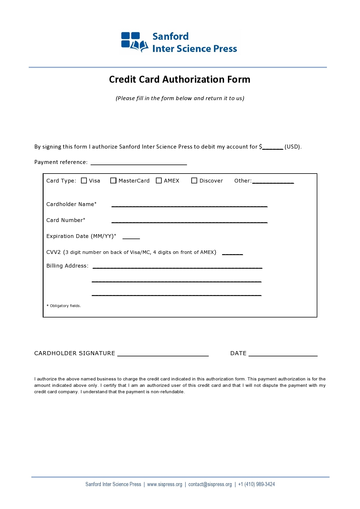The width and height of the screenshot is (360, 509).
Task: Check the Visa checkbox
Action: (x=84, y=181)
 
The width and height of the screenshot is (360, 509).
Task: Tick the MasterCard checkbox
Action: (x=113, y=181)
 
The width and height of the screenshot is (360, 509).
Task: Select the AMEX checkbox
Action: (x=159, y=181)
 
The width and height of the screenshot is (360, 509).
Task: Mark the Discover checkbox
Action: (x=194, y=181)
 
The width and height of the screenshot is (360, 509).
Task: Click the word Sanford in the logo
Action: (x=170, y=37)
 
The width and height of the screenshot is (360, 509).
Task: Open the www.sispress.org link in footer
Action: (x=165, y=484)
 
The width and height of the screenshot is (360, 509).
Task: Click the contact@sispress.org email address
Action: (x=210, y=484)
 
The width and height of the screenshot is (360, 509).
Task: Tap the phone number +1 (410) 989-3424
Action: (x=256, y=484)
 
